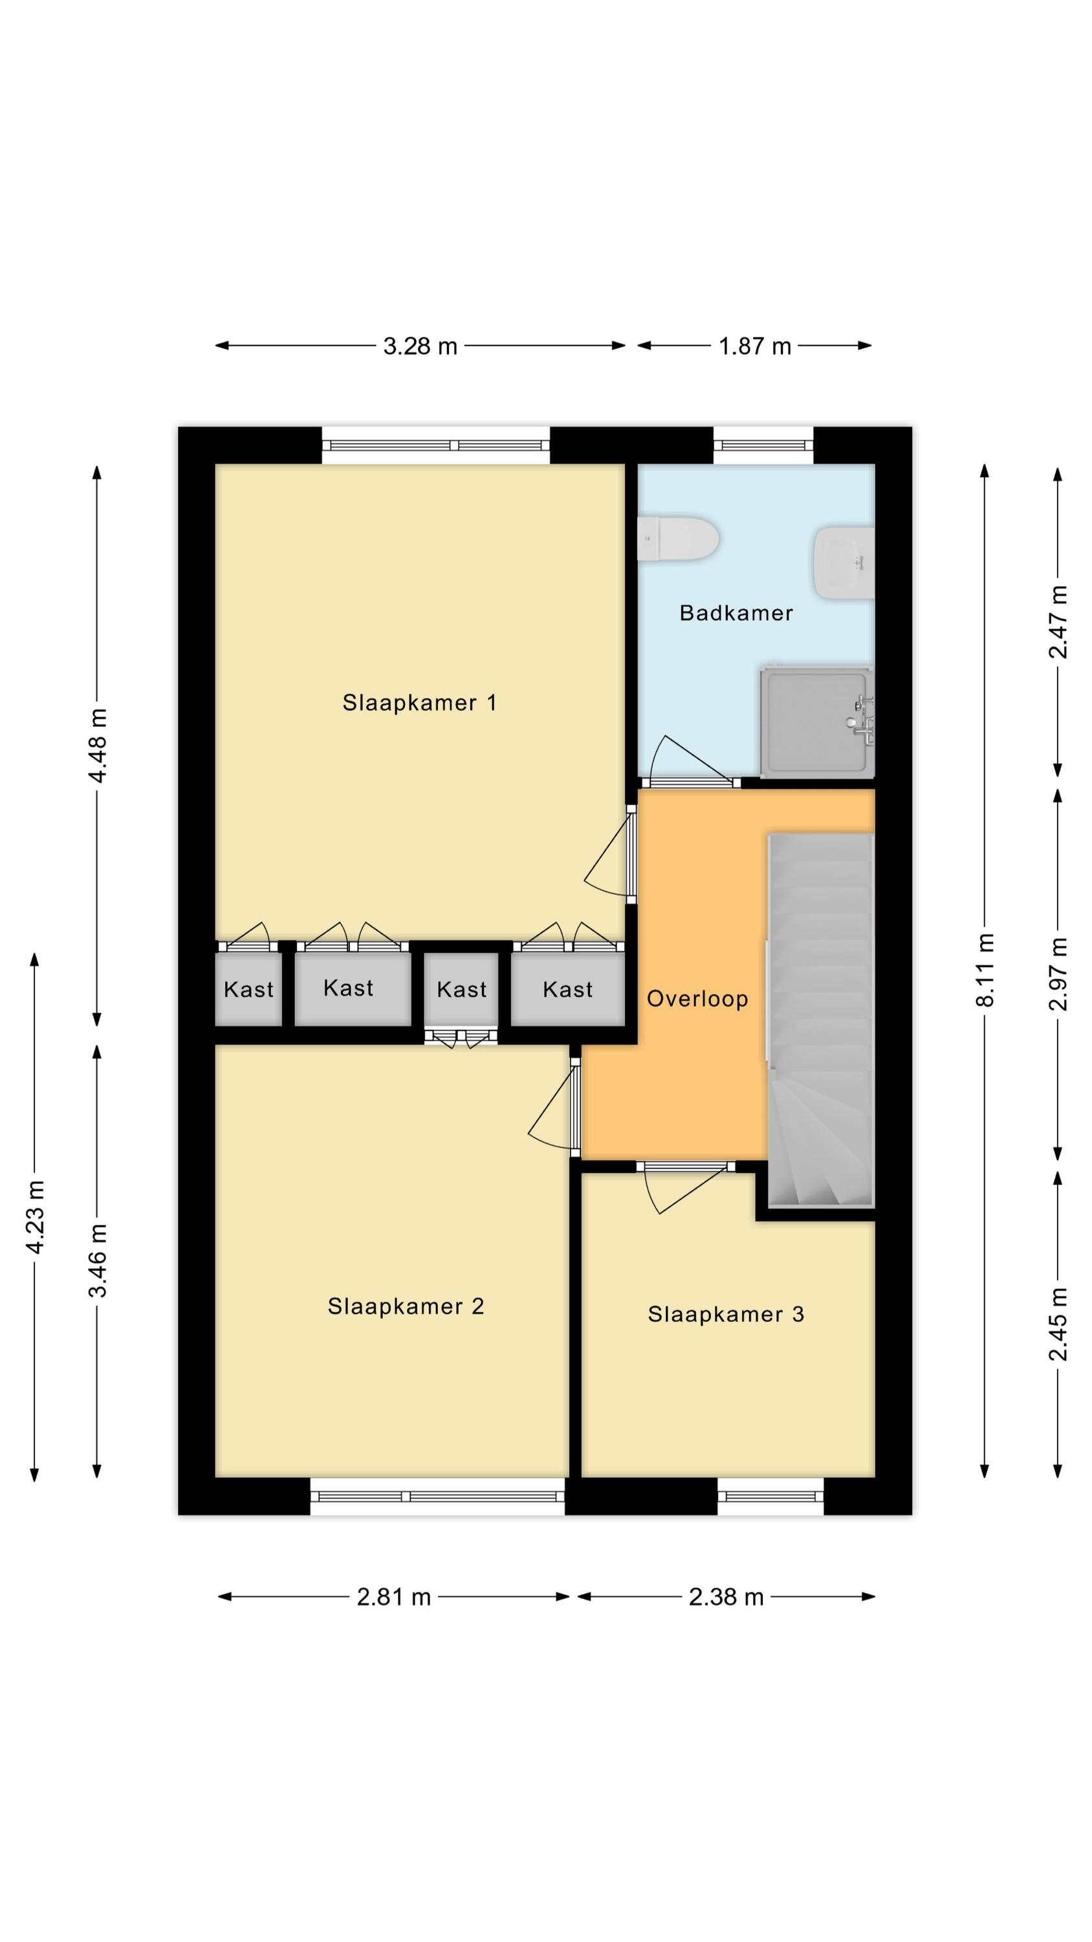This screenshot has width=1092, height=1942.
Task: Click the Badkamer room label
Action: [x=736, y=613]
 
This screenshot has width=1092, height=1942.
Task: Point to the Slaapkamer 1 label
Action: [x=420, y=702]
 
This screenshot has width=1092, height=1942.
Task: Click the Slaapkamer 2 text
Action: [x=406, y=1306]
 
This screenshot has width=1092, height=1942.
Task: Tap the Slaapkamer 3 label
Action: [x=726, y=1315]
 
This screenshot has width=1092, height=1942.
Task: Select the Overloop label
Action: [x=698, y=999]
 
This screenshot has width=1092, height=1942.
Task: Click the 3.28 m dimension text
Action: [x=420, y=346]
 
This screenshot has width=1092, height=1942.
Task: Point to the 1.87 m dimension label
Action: [x=755, y=346]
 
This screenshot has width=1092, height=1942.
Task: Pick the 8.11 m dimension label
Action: [x=985, y=970]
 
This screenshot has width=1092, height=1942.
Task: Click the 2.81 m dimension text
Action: [x=394, y=1597]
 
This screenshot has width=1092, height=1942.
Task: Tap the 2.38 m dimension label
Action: [x=726, y=1597]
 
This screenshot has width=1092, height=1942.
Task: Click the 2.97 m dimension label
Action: [x=1058, y=974]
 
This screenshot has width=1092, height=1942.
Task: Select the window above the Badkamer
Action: [x=763, y=445]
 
